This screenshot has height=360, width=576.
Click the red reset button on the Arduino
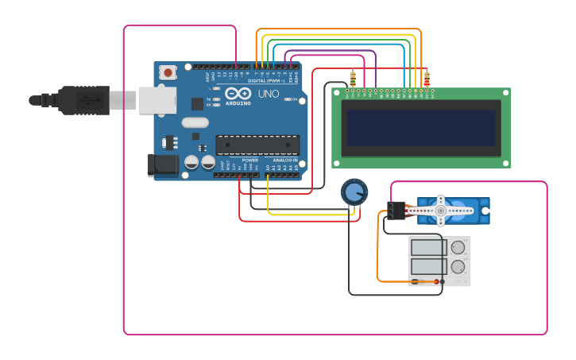tap(168, 72)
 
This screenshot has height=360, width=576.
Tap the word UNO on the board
tap(269, 94)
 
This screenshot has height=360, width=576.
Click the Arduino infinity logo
tap(238, 94)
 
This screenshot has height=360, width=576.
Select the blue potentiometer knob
tap(354, 192)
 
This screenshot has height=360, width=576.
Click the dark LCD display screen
tap(421, 127)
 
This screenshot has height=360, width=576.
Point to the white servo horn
tap(441, 211)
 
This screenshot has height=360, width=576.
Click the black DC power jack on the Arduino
tap(163, 165)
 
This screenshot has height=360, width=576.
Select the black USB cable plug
tap(83, 100)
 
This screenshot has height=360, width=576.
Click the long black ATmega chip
tap(257, 145)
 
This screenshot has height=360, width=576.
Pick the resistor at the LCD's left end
tap(353, 78)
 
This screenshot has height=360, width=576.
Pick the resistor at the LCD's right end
tap(427, 79)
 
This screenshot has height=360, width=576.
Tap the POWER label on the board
tap(249, 160)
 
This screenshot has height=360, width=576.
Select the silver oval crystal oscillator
tap(195, 122)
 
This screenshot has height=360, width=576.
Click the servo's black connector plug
tap(396, 210)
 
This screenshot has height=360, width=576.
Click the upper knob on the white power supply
tap(458, 247)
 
